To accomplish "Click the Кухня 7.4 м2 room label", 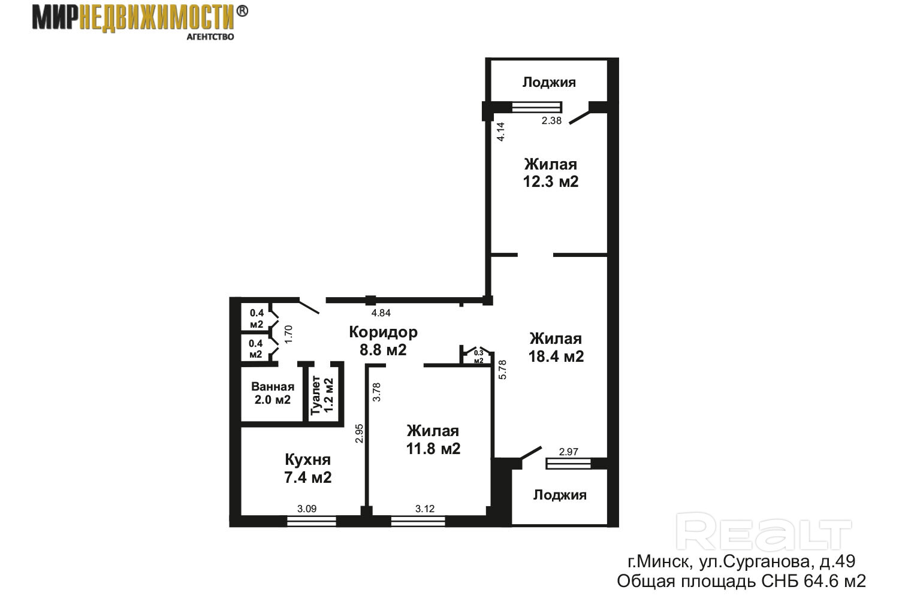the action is point(308,468).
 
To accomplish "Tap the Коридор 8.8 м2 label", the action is point(384,341).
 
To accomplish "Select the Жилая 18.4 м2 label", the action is point(556,347).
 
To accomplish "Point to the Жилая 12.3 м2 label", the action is point(551,173).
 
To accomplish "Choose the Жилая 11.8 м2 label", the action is point(433,440).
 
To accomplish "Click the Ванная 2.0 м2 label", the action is point(273,393).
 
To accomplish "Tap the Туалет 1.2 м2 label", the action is point(322,395).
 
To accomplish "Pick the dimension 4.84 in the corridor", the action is point(381,313).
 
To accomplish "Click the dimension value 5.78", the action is point(502,370).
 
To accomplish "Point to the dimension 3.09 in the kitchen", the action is point(307,509).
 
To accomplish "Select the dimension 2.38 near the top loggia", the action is point(551,121).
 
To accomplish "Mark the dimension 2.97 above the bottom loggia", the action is point(569,452).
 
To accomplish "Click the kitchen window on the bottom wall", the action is point(312,521).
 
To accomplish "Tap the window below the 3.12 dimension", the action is point(418,521).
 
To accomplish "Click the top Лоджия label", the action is point(549,82).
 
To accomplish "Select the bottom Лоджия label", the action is point(560,495).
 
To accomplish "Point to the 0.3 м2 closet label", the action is point(478,356).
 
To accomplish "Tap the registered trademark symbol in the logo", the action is point(242,11).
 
